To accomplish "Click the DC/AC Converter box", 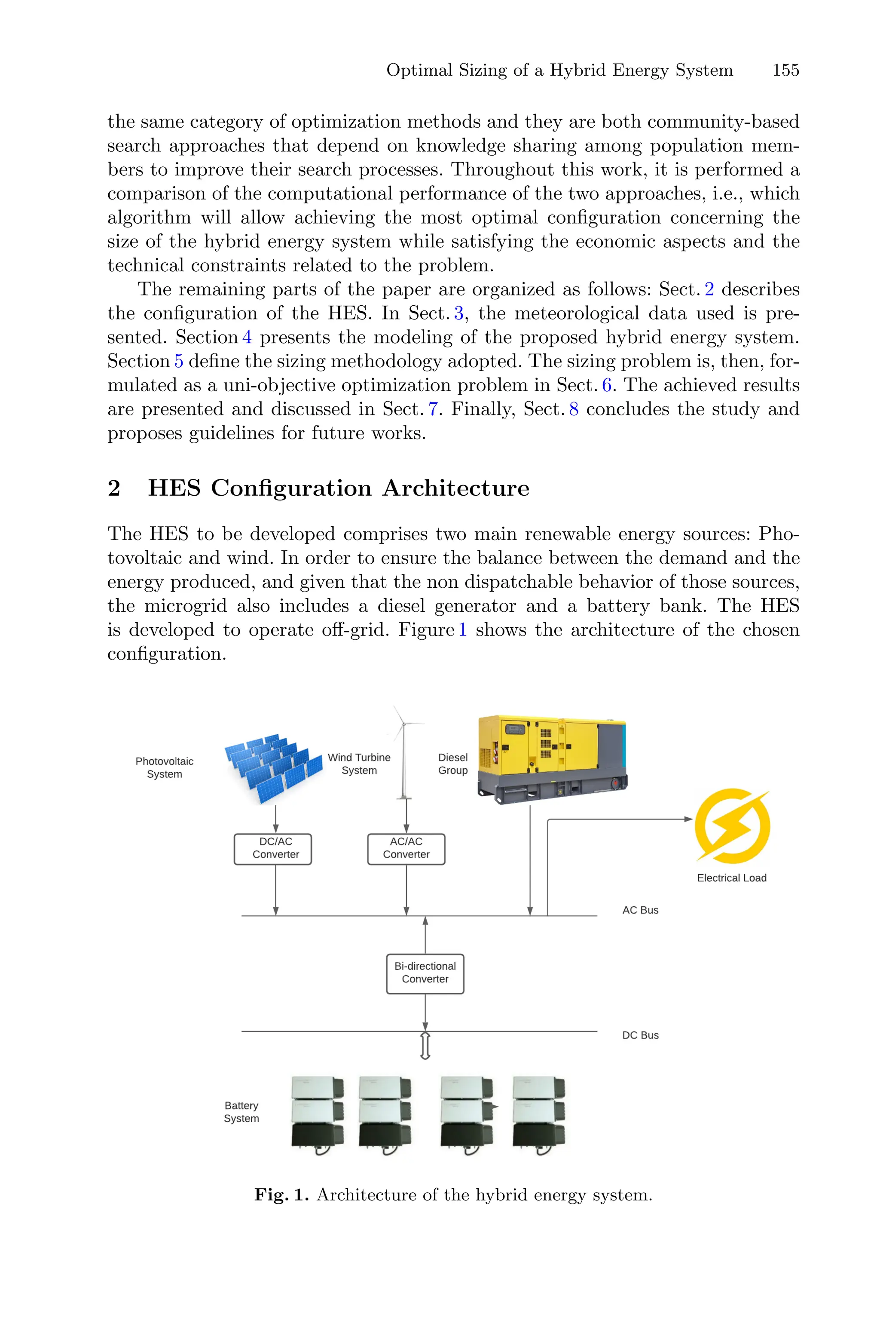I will pos(273,849).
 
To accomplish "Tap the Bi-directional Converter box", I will pos(425,973).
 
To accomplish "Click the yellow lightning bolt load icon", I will pos(732,825).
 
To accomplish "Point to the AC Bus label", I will pos(640,910).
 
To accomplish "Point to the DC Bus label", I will pos(640,1035).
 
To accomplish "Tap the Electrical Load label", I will pos(731,878).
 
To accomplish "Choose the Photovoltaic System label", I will pos(165,767).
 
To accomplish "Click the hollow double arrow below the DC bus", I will pos(425,1045).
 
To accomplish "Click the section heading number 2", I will pos(114,488).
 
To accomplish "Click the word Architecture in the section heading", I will pos(456,488).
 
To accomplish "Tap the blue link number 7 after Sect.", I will pos(433,409).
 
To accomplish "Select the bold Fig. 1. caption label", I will pos(281,1195).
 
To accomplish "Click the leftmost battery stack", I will pos(318,1115).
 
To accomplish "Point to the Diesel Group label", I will pos(452,764).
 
